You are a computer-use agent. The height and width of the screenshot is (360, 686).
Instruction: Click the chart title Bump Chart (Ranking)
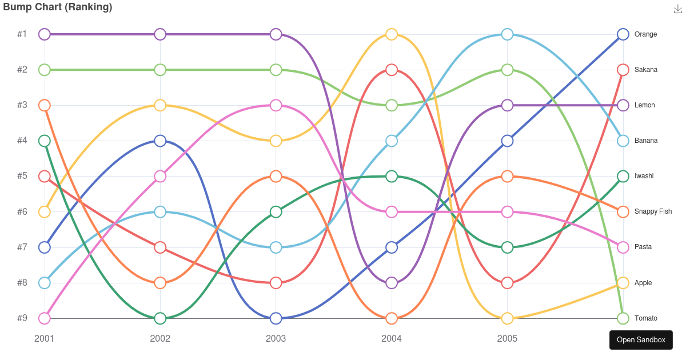tap(58, 7)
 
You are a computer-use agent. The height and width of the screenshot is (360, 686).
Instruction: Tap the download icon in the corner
tap(679, 9)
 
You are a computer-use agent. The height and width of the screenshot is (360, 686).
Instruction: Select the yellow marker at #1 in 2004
tap(392, 34)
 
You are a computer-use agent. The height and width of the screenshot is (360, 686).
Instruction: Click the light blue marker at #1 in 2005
tap(507, 34)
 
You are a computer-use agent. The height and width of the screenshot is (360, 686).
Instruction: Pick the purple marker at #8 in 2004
tap(392, 283)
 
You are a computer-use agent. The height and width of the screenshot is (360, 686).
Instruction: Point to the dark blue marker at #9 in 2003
tap(276, 318)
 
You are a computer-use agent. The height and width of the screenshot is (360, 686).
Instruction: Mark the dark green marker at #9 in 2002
tap(160, 318)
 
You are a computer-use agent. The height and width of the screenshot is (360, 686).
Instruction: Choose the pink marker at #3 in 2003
tap(276, 105)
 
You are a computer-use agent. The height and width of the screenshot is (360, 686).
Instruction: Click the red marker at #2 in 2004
tap(392, 70)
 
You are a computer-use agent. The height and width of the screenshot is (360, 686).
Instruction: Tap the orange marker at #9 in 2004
tap(392, 318)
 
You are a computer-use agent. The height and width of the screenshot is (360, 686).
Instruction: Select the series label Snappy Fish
tap(653, 211)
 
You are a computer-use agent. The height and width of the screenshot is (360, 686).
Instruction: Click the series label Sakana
tap(646, 70)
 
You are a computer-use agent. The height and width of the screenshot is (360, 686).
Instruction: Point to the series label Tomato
tap(646, 318)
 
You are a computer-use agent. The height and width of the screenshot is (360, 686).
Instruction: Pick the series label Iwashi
tap(644, 176)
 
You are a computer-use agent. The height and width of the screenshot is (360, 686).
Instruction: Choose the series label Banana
tap(646, 141)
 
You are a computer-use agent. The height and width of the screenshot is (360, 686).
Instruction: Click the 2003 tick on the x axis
tap(276, 338)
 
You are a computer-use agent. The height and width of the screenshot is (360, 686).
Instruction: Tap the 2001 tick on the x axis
tap(45, 338)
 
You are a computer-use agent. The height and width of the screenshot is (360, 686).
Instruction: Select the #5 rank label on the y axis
tap(22, 176)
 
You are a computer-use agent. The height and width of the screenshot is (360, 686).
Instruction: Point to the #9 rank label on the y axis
tap(22, 318)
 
